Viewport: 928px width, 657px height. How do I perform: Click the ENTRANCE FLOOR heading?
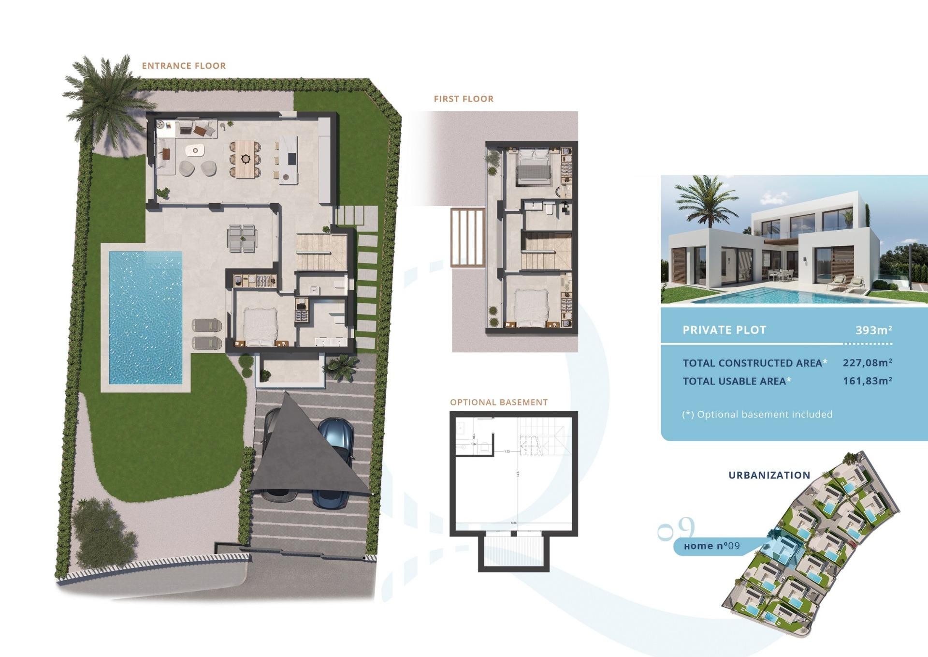pyautogui.click(x=184, y=66)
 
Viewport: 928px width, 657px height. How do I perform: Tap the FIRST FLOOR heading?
pyautogui.click(x=464, y=99)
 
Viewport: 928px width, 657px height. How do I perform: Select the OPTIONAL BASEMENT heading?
pyautogui.click(x=499, y=402)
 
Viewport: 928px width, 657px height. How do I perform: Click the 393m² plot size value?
pyautogui.click(x=873, y=330)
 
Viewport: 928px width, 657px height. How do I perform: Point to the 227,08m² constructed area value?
pyautogui.click(x=867, y=362)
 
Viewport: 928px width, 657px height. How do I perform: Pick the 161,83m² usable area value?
pyautogui.click(x=867, y=381)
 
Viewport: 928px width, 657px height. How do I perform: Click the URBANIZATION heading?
pyautogui.click(x=769, y=475)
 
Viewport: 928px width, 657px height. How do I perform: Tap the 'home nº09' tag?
pyautogui.click(x=712, y=546)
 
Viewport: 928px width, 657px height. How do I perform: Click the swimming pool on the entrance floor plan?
pyautogui.click(x=145, y=317)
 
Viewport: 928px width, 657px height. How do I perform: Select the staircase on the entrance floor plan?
pyautogui.click(x=321, y=252)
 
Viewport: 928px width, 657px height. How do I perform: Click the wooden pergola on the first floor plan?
pyautogui.click(x=467, y=237)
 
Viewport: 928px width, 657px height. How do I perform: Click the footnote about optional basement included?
pyautogui.click(x=757, y=414)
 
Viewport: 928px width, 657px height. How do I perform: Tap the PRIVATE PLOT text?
pyautogui.click(x=724, y=330)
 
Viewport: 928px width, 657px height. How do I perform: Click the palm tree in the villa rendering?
pyautogui.click(x=703, y=201)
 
